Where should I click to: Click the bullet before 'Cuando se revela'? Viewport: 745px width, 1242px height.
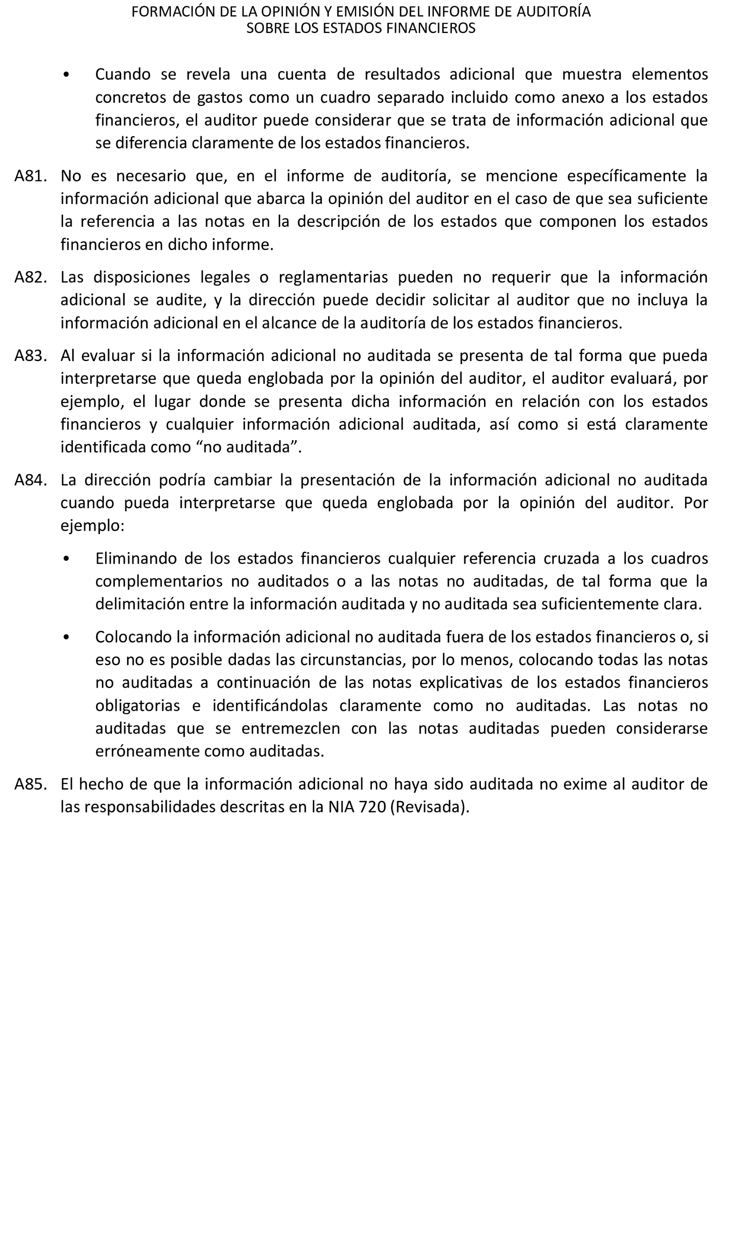[66, 75]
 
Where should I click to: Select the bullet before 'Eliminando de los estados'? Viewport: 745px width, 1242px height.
[66, 559]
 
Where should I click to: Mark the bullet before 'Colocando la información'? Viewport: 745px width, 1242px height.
[66, 637]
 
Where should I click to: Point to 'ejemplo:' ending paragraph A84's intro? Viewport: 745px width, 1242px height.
[93, 526]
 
